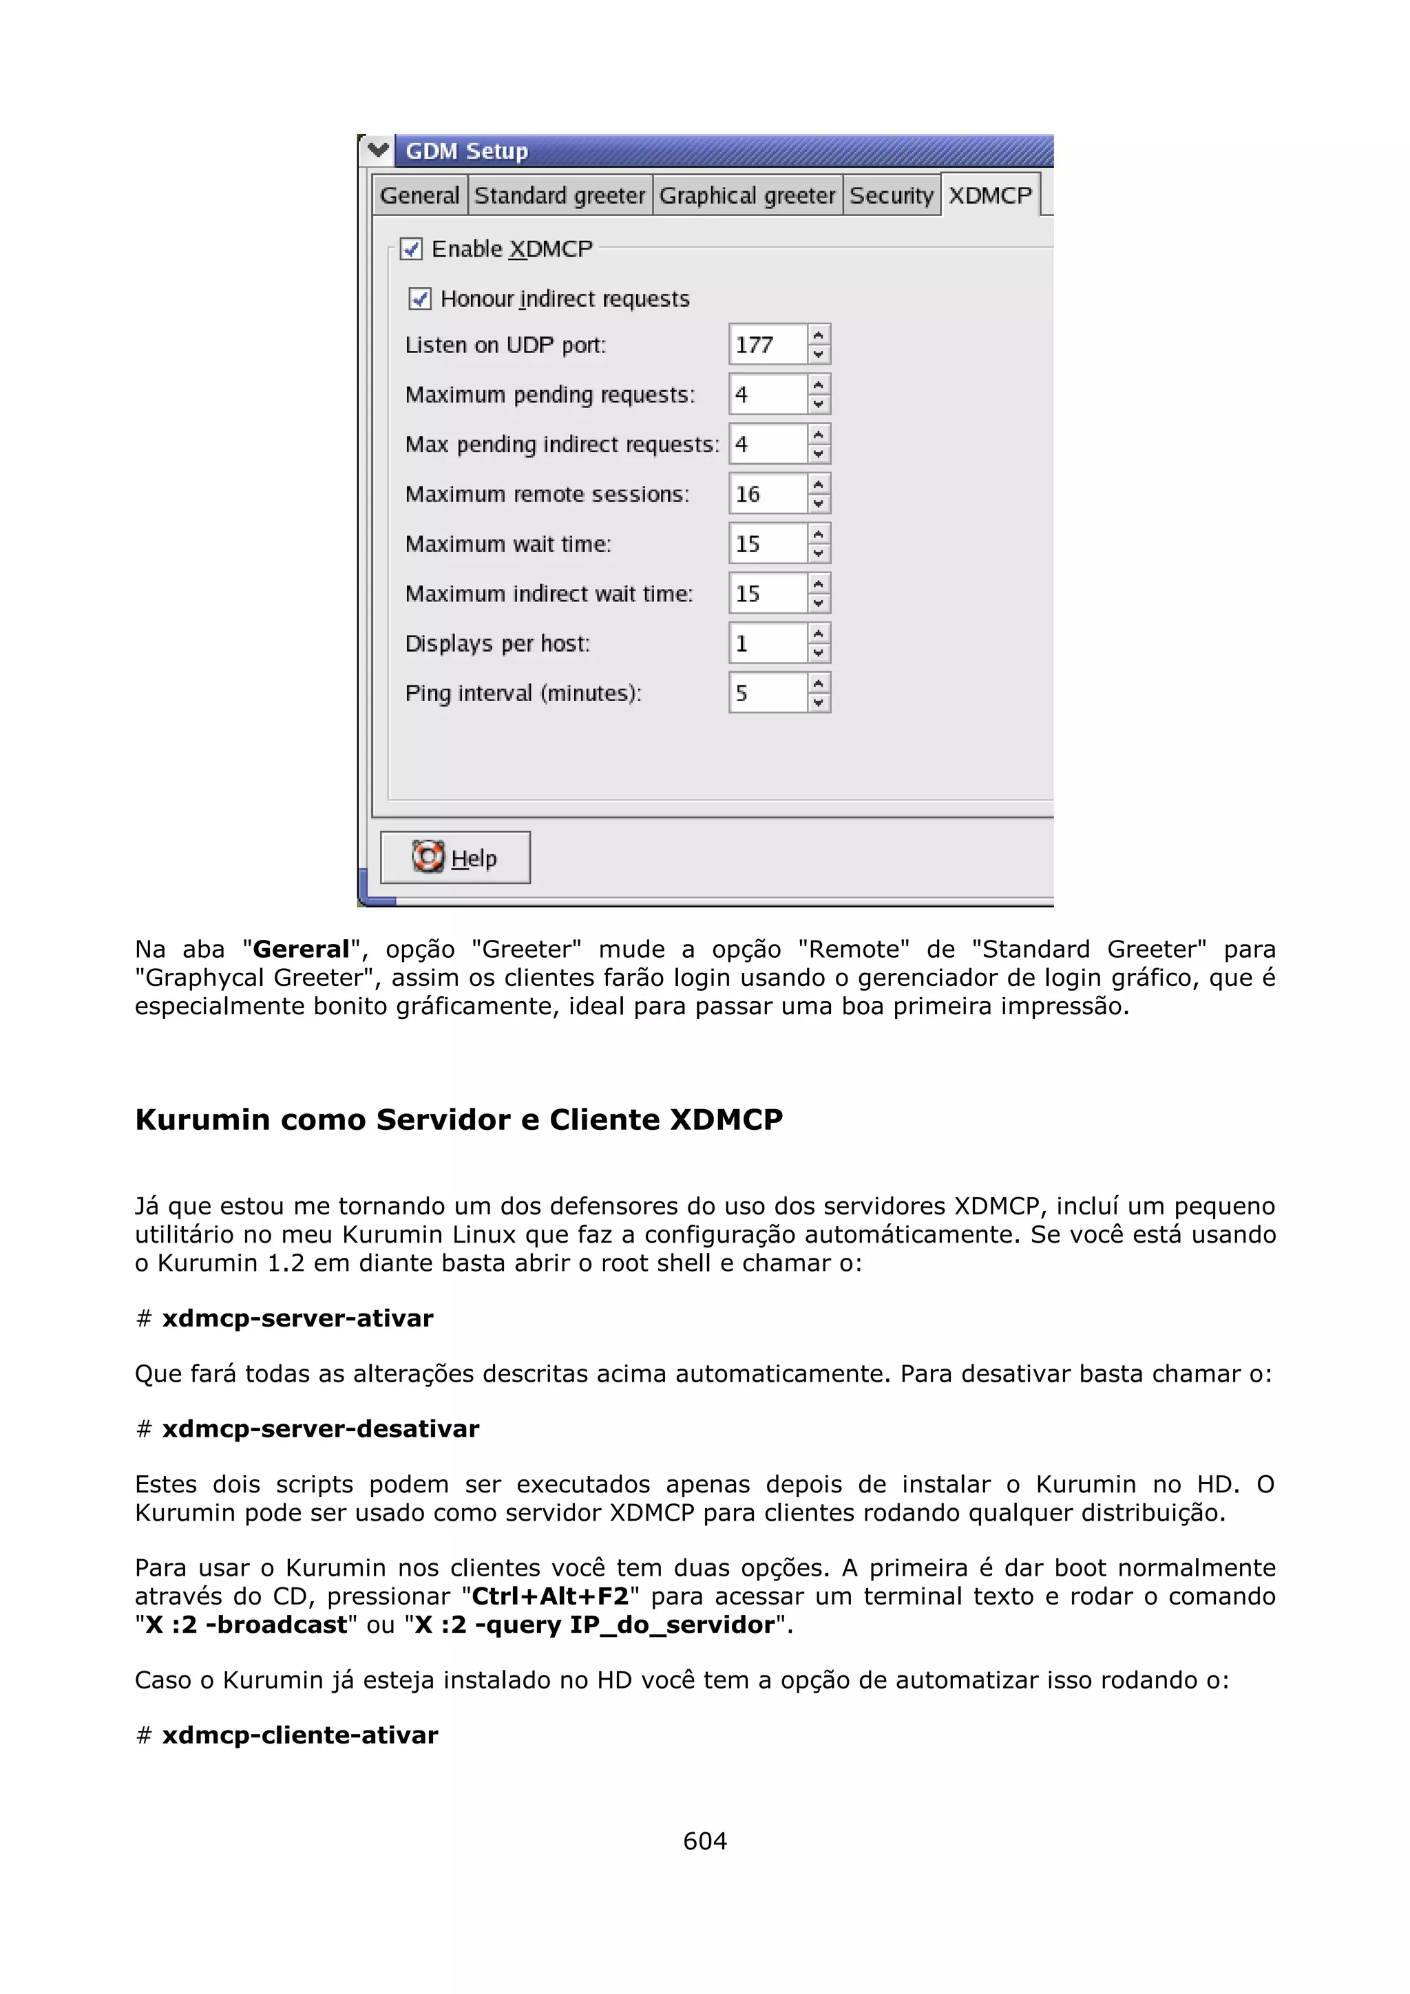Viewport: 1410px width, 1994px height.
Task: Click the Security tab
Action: [890, 195]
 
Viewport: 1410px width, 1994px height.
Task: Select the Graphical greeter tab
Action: [746, 195]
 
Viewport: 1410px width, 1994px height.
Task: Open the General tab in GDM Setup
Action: [419, 195]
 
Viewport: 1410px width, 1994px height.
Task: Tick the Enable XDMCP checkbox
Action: [412, 249]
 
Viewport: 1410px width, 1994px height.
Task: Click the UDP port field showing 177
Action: [768, 345]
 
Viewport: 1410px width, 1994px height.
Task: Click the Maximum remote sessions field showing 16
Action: [768, 494]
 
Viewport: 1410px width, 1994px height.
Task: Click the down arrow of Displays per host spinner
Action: [819, 653]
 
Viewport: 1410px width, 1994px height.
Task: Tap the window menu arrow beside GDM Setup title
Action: [378, 150]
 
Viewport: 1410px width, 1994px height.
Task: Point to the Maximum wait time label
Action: [508, 544]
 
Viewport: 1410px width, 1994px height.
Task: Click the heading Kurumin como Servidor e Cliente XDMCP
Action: [459, 1119]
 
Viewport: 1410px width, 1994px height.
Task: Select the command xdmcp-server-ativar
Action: [297, 1318]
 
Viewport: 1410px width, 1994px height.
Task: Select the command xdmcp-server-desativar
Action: [321, 1428]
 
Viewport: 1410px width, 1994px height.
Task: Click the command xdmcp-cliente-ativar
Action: [299, 1735]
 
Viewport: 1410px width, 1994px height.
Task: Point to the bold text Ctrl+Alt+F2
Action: [550, 1596]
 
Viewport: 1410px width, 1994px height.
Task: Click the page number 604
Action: [704, 1841]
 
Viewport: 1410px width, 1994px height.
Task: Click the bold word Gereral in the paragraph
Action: [301, 950]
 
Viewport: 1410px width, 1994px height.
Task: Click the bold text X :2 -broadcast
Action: [246, 1625]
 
